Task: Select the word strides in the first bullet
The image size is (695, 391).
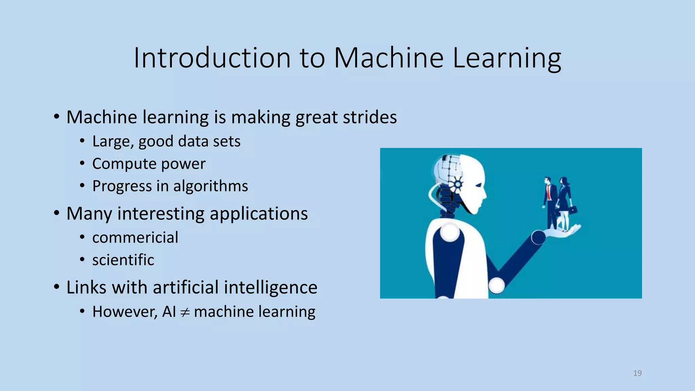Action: (x=370, y=117)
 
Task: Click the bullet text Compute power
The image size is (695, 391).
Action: (x=149, y=164)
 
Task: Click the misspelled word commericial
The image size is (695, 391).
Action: (x=135, y=237)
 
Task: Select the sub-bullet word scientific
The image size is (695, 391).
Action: (x=123, y=260)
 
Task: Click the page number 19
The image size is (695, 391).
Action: (x=637, y=373)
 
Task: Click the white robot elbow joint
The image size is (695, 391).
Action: (x=496, y=285)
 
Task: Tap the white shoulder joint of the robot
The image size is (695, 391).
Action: (x=450, y=232)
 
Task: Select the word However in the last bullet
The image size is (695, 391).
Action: (x=125, y=312)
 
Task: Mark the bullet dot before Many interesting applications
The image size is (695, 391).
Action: (x=57, y=213)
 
